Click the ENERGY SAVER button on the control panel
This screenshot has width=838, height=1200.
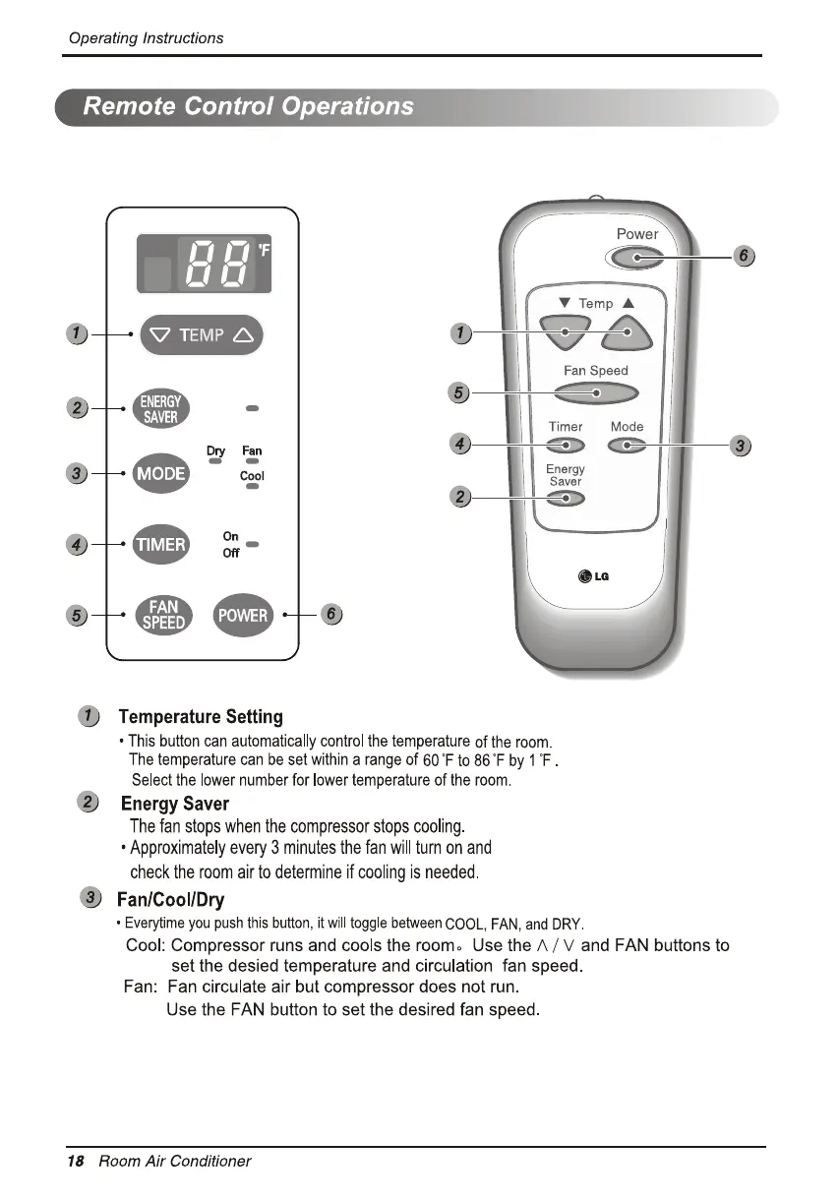(x=160, y=408)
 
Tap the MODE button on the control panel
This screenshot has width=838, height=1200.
(x=160, y=474)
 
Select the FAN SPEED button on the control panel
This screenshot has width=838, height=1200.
(x=163, y=615)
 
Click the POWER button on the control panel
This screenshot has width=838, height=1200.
(x=243, y=615)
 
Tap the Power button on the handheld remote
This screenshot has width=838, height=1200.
(x=635, y=258)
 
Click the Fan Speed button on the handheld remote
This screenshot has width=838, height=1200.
(x=596, y=392)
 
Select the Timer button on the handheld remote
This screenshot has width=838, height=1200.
(x=566, y=447)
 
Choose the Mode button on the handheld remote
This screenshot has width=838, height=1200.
(x=627, y=447)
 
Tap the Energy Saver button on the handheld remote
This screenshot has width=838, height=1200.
(x=566, y=499)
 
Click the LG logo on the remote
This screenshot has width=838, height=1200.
(x=594, y=576)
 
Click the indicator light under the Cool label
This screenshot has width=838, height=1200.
(x=253, y=487)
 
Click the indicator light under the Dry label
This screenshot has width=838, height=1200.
(x=215, y=461)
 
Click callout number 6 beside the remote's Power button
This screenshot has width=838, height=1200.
(x=744, y=256)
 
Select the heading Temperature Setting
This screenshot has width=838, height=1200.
(x=200, y=717)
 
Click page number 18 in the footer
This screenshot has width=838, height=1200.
(x=75, y=1161)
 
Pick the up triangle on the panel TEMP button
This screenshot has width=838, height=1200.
(x=243, y=335)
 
